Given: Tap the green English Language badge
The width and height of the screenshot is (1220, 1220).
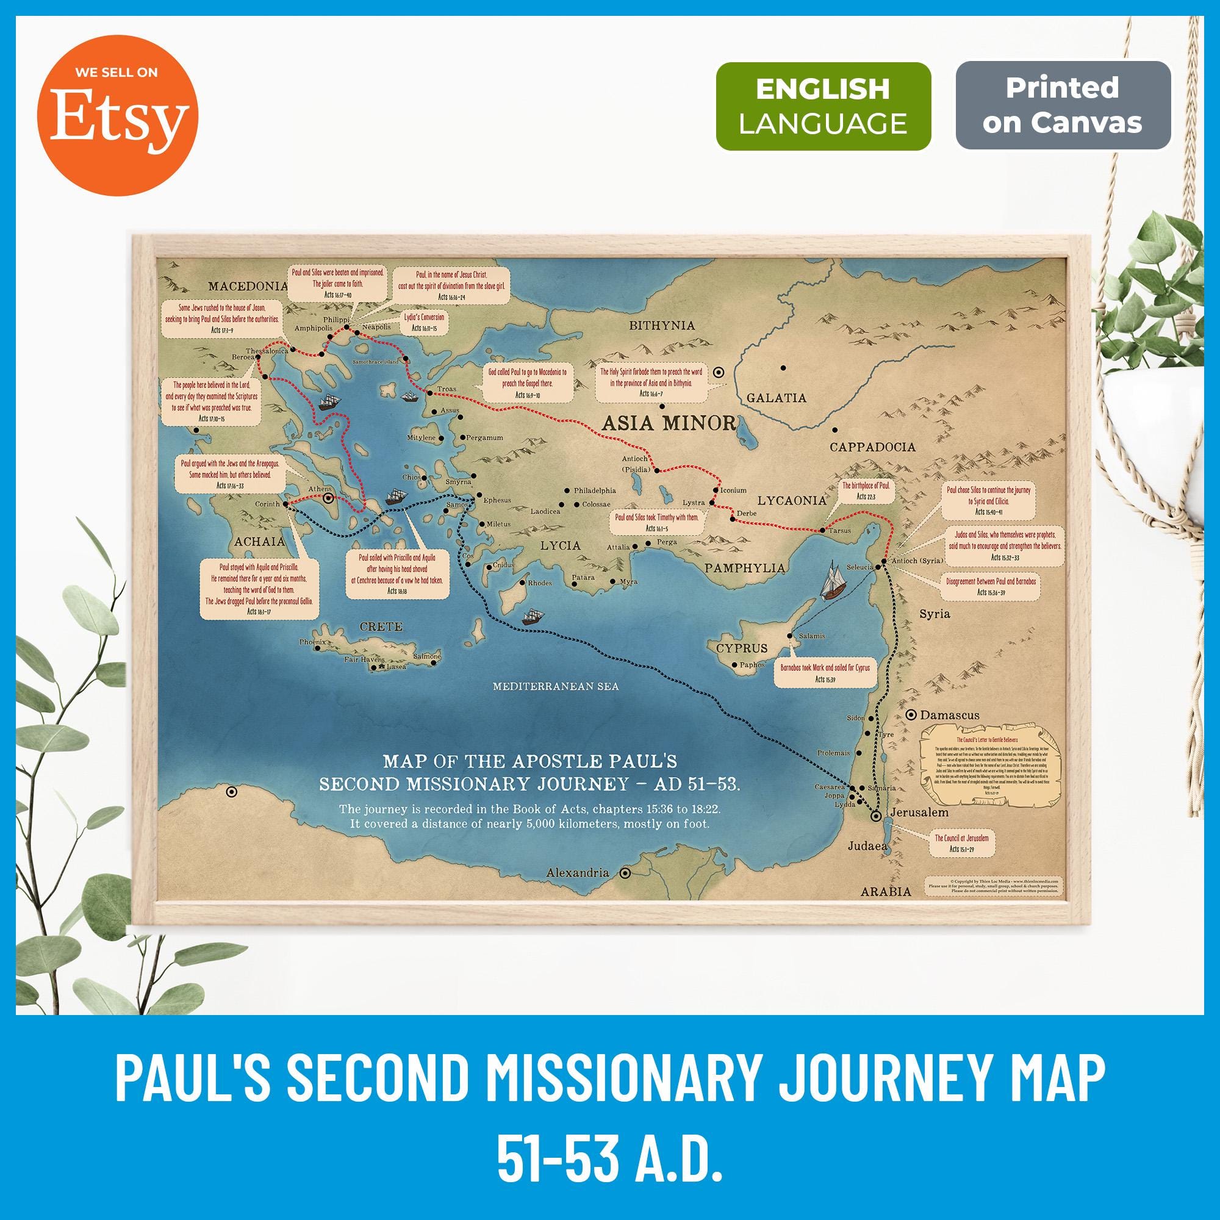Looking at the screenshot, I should (x=823, y=106).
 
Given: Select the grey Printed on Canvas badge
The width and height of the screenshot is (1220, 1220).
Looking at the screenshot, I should (x=1062, y=106).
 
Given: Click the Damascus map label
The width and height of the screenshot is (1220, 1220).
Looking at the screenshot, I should (x=949, y=716).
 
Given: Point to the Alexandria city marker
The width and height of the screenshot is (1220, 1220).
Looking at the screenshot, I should (x=625, y=874).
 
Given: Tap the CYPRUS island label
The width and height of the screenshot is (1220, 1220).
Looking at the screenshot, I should (x=741, y=648).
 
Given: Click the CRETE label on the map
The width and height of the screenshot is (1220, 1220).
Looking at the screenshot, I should (x=380, y=626).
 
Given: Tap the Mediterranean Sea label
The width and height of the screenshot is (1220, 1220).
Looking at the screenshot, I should (x=556, y=686).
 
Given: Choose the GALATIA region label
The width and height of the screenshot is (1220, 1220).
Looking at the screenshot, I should (x=776, y=398).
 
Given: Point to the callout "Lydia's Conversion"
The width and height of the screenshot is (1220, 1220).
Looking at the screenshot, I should (x=424, y=322).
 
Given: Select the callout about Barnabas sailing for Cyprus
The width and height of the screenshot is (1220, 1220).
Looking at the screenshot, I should (x=825, y=673).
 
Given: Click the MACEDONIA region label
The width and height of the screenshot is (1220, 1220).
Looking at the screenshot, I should (x=248, y=286).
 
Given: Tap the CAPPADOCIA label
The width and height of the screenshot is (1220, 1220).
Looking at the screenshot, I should (x=872, y=447).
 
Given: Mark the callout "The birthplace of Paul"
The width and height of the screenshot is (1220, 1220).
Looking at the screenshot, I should (x=865, y=490).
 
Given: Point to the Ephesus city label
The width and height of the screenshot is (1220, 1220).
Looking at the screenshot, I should (x=497, y=500).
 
